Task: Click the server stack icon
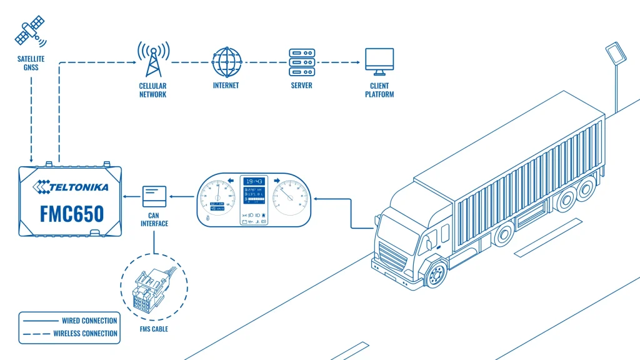[x=301, y=61]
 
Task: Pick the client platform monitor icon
[x=379, y=61]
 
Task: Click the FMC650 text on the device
[x=72, y=214]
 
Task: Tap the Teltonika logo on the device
[x=72, y=186]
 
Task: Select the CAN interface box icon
[x=154, y=196]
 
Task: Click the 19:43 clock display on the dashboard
[x=254, y=181]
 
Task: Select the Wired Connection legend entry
[x=69, y=321]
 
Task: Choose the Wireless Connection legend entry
[x=69, y=333]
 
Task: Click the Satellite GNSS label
[x=27, y=62]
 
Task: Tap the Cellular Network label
[x=152, y=90]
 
